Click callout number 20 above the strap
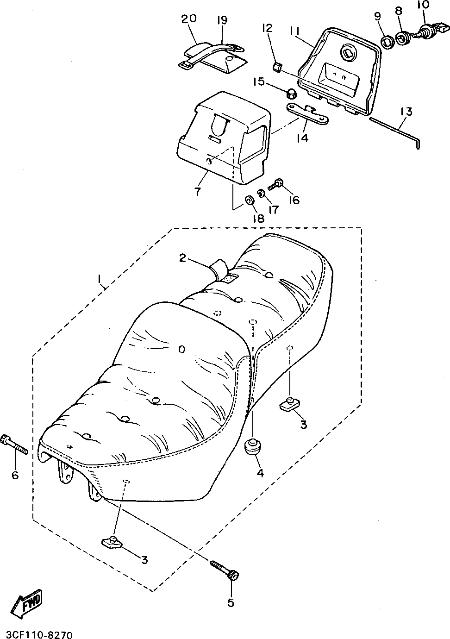pos(188,19)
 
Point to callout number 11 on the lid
pos(296,31)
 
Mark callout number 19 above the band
pos(222,20)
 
